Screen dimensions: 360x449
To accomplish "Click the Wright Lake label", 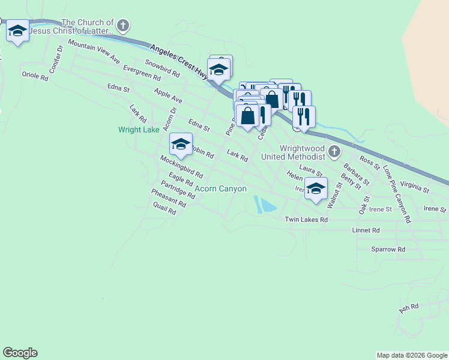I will (139, 130).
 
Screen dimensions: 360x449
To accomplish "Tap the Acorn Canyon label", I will (220, 188).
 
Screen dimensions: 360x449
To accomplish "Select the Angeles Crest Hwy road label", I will (178, 59).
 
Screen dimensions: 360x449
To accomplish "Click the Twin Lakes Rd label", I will (306, 220).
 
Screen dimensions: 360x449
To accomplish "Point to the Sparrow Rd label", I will (388, 249).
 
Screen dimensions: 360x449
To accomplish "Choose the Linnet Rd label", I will (367, 230).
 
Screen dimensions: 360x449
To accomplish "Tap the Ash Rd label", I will (408, 308).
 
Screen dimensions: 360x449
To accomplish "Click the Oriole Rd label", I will (34, 76).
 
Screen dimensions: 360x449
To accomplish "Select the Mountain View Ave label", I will (94, 51).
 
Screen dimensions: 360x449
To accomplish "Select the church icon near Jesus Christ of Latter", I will (123, 26).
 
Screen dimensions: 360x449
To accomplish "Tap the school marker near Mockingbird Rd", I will (181, 145).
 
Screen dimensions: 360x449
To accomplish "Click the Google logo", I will (20, 353).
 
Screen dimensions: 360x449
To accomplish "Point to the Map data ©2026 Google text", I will (411, 355).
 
